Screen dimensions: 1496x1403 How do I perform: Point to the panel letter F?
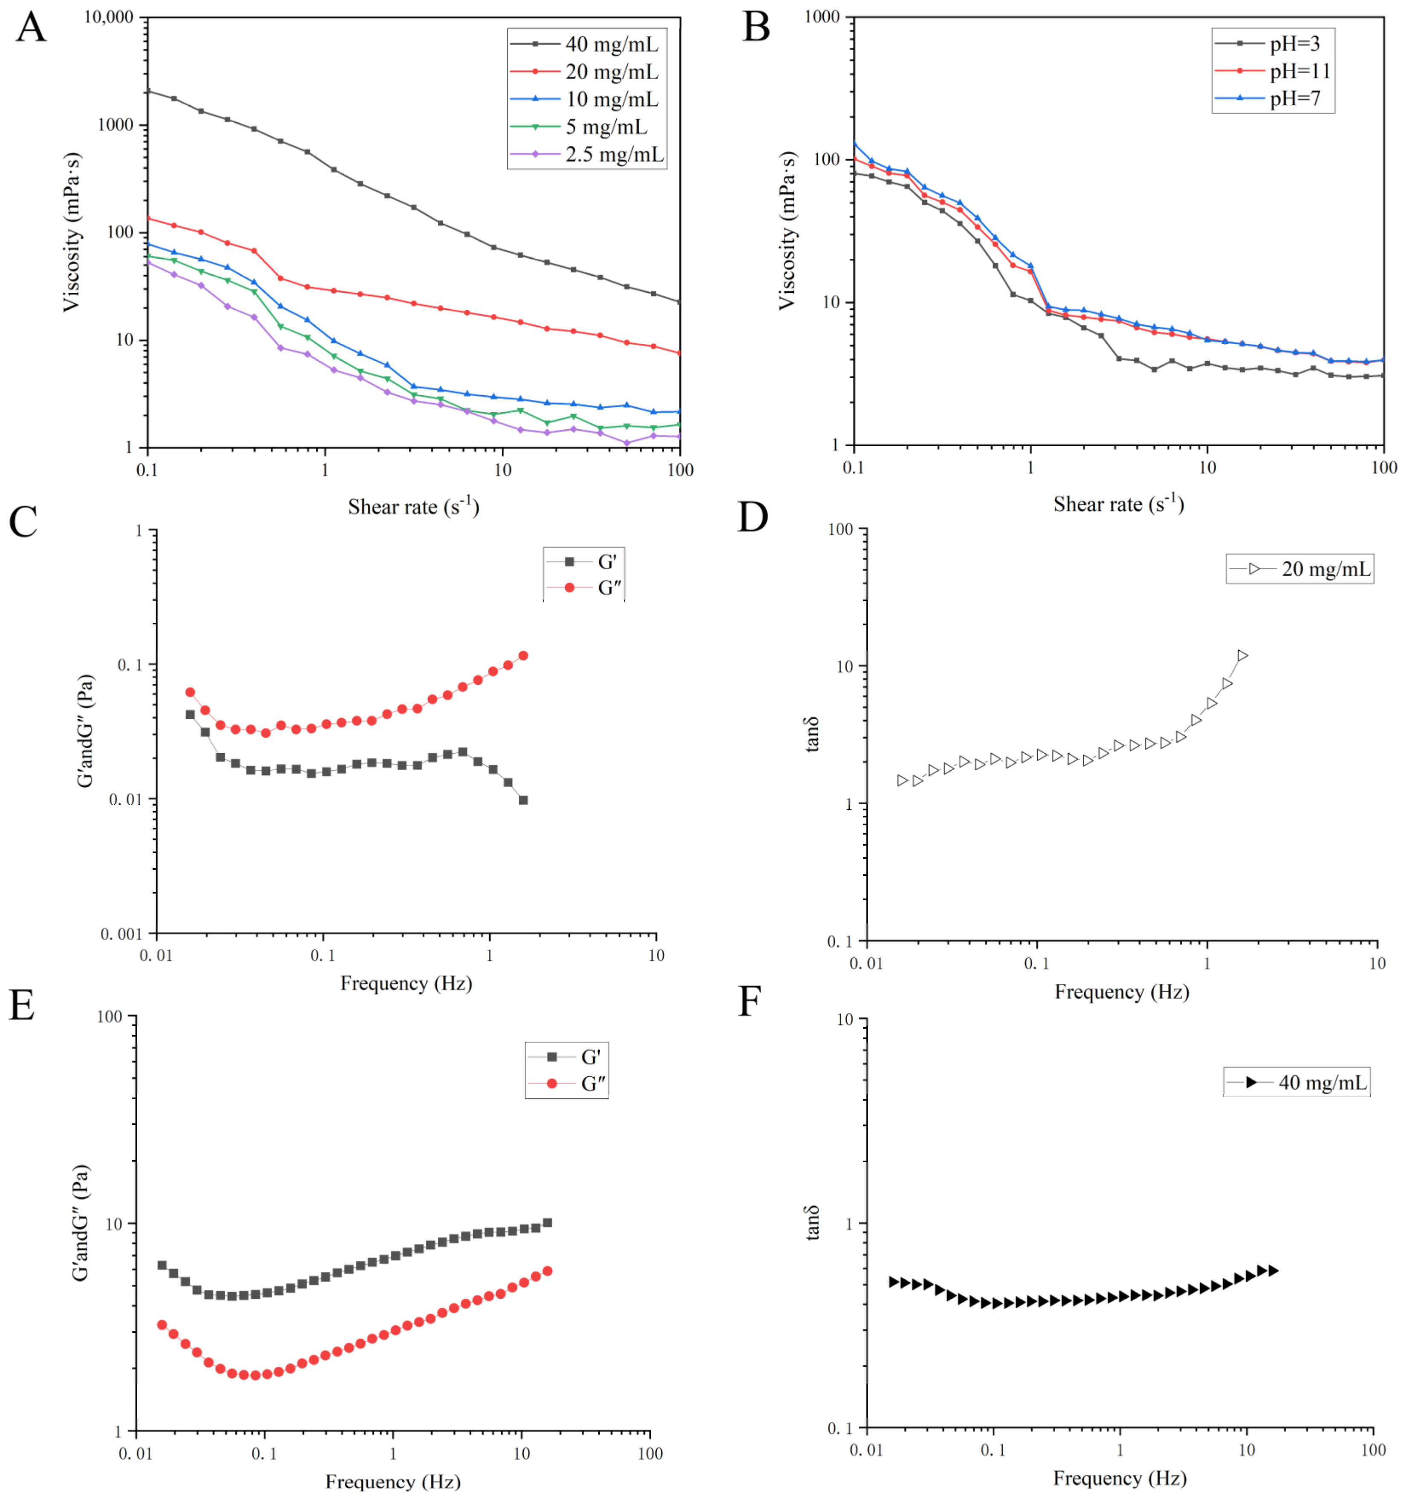coord(749,1002)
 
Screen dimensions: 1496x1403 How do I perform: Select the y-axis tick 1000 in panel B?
coord(822,17)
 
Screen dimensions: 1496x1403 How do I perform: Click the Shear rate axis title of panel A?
coord(413,506)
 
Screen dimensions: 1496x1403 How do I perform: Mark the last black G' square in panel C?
coord(523,800)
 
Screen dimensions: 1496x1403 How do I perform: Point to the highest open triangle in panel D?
coord(1242,656)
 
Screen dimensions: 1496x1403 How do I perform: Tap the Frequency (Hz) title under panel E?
coord(393,1482)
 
